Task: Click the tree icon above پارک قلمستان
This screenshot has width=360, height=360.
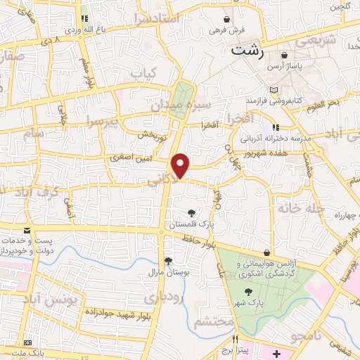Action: click(191, 212)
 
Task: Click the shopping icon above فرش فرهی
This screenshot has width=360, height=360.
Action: click(226, 19)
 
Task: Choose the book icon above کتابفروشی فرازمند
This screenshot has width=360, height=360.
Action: click(274, 90)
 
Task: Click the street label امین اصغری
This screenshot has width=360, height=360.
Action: click(128, 159)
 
